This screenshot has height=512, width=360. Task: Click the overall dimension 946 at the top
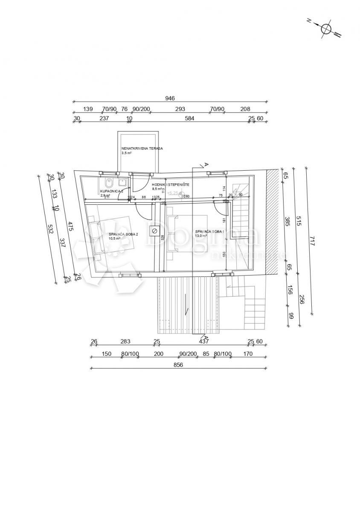pyautogui.click(x=170, y=98)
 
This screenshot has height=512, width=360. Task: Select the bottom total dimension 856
pyautogui.click(x=178, y=365)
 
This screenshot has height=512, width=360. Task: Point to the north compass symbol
pyautogui.click(x=327, y=29)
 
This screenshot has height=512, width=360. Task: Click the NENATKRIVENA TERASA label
pyautogui.click(x=142, y=148)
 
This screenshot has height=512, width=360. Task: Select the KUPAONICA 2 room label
pyautogui.click(x=112, y=191)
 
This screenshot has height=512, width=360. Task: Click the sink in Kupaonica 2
pyautogui.click(x=123, y=181)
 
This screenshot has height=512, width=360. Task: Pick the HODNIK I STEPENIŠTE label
pyautogui.click(x=171, y=184)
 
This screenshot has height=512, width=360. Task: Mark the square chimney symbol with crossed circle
pyautogui.click(x=154, y=231)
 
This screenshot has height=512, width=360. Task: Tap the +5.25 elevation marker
pyautogui.click(x=173, y=193)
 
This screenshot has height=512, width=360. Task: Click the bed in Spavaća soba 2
pyautogui.click(x=112, y=235)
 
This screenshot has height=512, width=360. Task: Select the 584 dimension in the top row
pyautogui.click(x=189, y=119)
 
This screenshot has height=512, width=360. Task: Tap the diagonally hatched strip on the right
pyautogui.click(x=272, y=222)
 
